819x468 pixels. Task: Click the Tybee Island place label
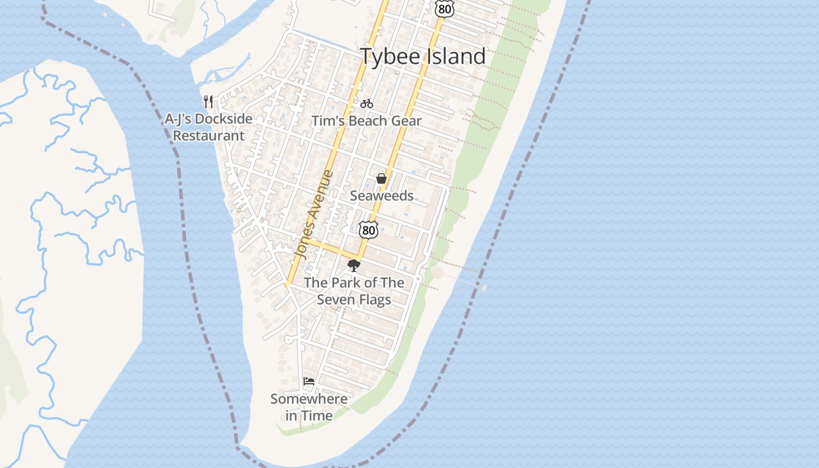tap(422, 57)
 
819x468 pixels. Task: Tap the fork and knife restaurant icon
tap(208, 101)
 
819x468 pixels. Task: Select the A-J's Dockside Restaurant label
tap(209, 127)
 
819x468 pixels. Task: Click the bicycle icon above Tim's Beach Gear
tap(367, 104)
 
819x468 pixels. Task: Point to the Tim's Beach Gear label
tap(366, 121)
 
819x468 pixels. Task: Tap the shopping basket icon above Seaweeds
tap(381, 178)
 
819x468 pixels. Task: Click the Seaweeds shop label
tap(381, 196)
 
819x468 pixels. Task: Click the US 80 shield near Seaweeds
tap(368, 230)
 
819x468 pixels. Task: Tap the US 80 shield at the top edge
tap(445, 8)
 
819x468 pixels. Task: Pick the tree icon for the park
tap(353, 266)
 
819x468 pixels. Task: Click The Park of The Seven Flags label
tap(354, 291)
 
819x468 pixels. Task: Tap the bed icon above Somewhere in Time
tap(309, 382)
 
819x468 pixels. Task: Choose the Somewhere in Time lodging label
tap(309, 407)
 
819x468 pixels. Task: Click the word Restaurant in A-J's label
tap(209, 136)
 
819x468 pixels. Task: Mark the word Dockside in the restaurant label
tap(225, 119)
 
